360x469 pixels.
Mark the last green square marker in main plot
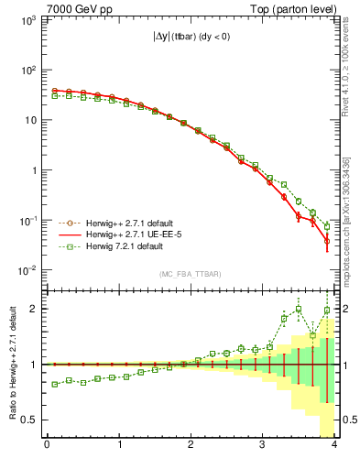pyautogui.click(x=327, y=226)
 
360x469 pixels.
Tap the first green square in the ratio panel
pyautogui.click(x=54, y=384)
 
